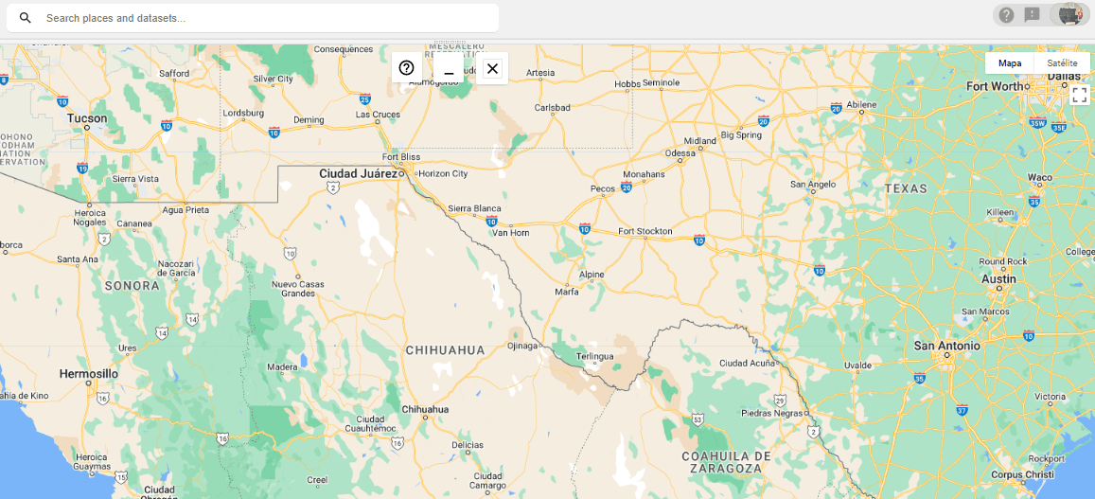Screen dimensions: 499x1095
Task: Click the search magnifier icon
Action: [x=26, y=18]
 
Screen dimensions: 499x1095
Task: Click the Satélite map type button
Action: [x=1062, y=63]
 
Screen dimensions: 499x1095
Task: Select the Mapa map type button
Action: [x=1010, y=63]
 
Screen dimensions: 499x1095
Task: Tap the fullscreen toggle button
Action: [x=1079, y=95]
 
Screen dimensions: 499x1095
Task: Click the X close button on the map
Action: [x=492, y=68]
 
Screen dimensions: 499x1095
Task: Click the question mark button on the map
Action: [x=407, y=68]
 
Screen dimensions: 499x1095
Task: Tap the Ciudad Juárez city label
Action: [x=358, y=174]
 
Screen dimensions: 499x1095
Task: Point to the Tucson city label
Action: [x=87, y=118]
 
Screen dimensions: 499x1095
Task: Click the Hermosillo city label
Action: [x=89, y=374]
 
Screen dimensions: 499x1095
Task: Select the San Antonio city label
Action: [x=946, y=347]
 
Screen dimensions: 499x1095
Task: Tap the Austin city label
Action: [x=998, y=279]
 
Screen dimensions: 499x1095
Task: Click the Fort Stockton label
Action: [x=645, y=231]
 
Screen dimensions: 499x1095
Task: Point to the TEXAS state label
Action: [x=907, y=188]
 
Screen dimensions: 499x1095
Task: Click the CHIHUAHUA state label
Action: [x=445, y=350]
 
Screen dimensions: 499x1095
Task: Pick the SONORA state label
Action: [x=132, y=285]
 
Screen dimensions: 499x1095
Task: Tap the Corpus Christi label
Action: [x=1022, y=473]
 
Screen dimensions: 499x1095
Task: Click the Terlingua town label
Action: [x=594, y=356]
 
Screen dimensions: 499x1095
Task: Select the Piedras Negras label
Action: [x=770, y=413]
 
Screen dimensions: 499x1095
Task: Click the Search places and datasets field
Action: [x=265, y=18]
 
